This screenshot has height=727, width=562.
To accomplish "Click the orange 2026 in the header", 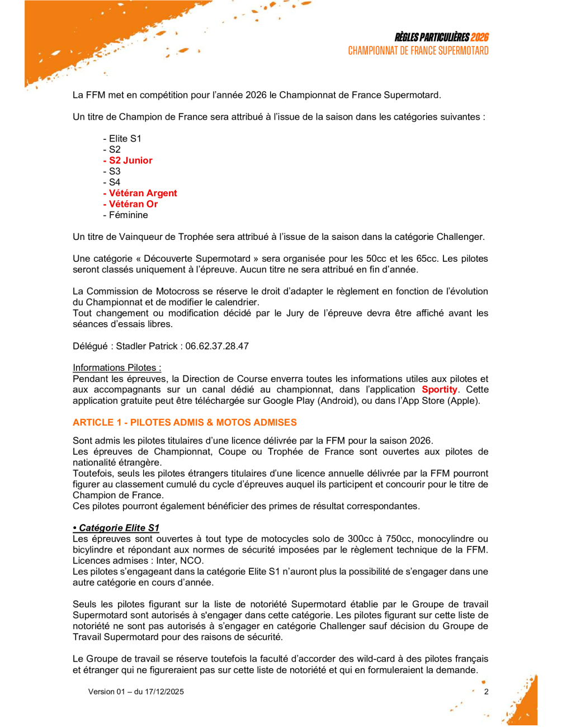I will pyautogui.click(x=479, y=37).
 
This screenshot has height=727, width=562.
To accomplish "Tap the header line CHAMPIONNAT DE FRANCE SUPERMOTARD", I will pyautogui.click(x=418, y=51).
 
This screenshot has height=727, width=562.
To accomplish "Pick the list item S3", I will pyautogui.click(x=114, y=171).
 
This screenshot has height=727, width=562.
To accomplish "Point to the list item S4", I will pyautogui.click(x=114, y=182).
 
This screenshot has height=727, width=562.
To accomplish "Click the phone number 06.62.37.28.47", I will pyautogui.click(x=217, y=346).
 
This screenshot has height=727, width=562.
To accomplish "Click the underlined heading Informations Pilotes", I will pyautogui.click(x=117, y=368).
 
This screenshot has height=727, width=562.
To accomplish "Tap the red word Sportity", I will pyautogui.click(x=440, y=390).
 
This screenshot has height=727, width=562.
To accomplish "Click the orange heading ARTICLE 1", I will pyautogui.click(x=185, y=423).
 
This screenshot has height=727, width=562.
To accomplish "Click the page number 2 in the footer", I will pyautogui.click(x=487, y=692).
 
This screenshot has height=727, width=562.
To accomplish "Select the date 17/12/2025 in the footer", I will pyautogui.click(x=164, y=692).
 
